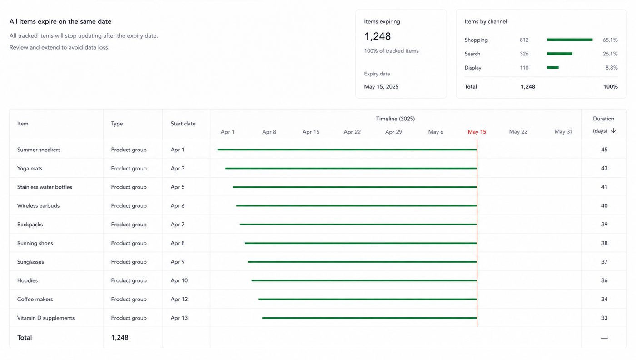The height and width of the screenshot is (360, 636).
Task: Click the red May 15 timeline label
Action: (x=477, y=132)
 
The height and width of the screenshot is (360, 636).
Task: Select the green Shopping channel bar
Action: (x=570, y=40)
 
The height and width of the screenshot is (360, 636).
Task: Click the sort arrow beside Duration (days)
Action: (x=613, y=131)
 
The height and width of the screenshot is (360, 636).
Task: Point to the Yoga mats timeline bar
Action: (x=351, y=169)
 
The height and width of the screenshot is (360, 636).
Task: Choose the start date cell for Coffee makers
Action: (x=179, y=299)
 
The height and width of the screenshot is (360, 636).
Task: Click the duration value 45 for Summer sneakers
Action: (x=604, y=150)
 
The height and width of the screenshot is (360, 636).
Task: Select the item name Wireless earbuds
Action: (x=38, y=206)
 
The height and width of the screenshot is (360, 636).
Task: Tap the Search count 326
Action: (x=524, y=54)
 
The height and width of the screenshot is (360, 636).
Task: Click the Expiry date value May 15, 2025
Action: (x=381, y=87)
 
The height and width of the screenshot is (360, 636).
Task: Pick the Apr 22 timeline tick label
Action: (x=352, y=132)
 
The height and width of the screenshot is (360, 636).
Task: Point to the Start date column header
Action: (x=183, y=124)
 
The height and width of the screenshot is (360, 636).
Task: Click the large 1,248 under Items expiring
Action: (x=378, y=36)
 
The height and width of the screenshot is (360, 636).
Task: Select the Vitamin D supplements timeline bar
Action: (x=369, y=318)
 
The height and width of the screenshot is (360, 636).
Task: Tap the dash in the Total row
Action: (x=605, y=338)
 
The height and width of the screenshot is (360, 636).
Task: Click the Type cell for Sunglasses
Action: (x=129, y=262)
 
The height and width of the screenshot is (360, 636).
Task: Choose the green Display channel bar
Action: (x=553, y=68)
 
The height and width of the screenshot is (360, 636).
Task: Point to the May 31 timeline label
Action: (x=564, y=132)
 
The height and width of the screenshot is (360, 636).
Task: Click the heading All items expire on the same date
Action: (x=60, y=22)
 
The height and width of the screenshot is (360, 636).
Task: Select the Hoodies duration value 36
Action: (x=604, y=280)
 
